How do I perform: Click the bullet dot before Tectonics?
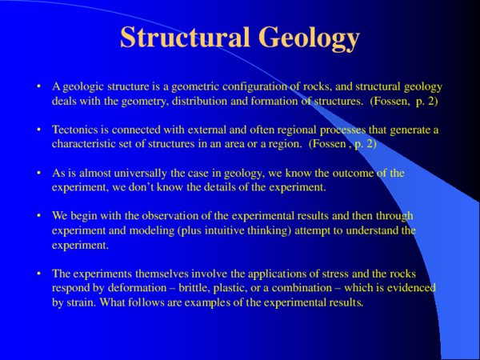click(x=39, y=130)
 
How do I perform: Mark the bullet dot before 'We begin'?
click(x=39, y=216)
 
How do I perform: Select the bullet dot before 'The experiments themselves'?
click(x=39, y=274)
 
